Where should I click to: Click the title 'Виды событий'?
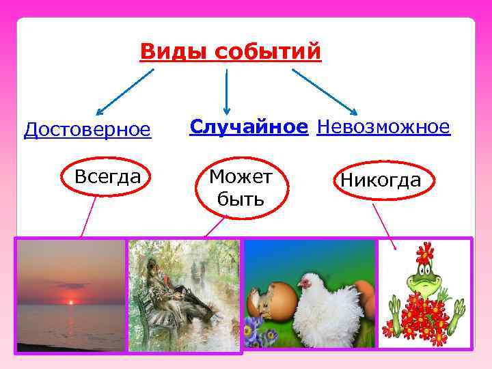pyautogui.click(x=230, y=52)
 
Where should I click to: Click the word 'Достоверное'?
pyautogui.click(x=87, y=129)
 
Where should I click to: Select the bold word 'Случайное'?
pyautogui.click(x=249, y=126)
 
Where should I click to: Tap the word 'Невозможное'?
pyautogui.click(x=383, y=126)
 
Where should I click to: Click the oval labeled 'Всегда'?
pyautogui.click(x=107, y=177)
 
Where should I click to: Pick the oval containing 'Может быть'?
pyautogui.click(x=241, y=187)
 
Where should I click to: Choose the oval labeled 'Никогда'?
pyautogui.click(x=381, y=180)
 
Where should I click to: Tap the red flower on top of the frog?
pyautogui.click(x=426, y=252)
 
